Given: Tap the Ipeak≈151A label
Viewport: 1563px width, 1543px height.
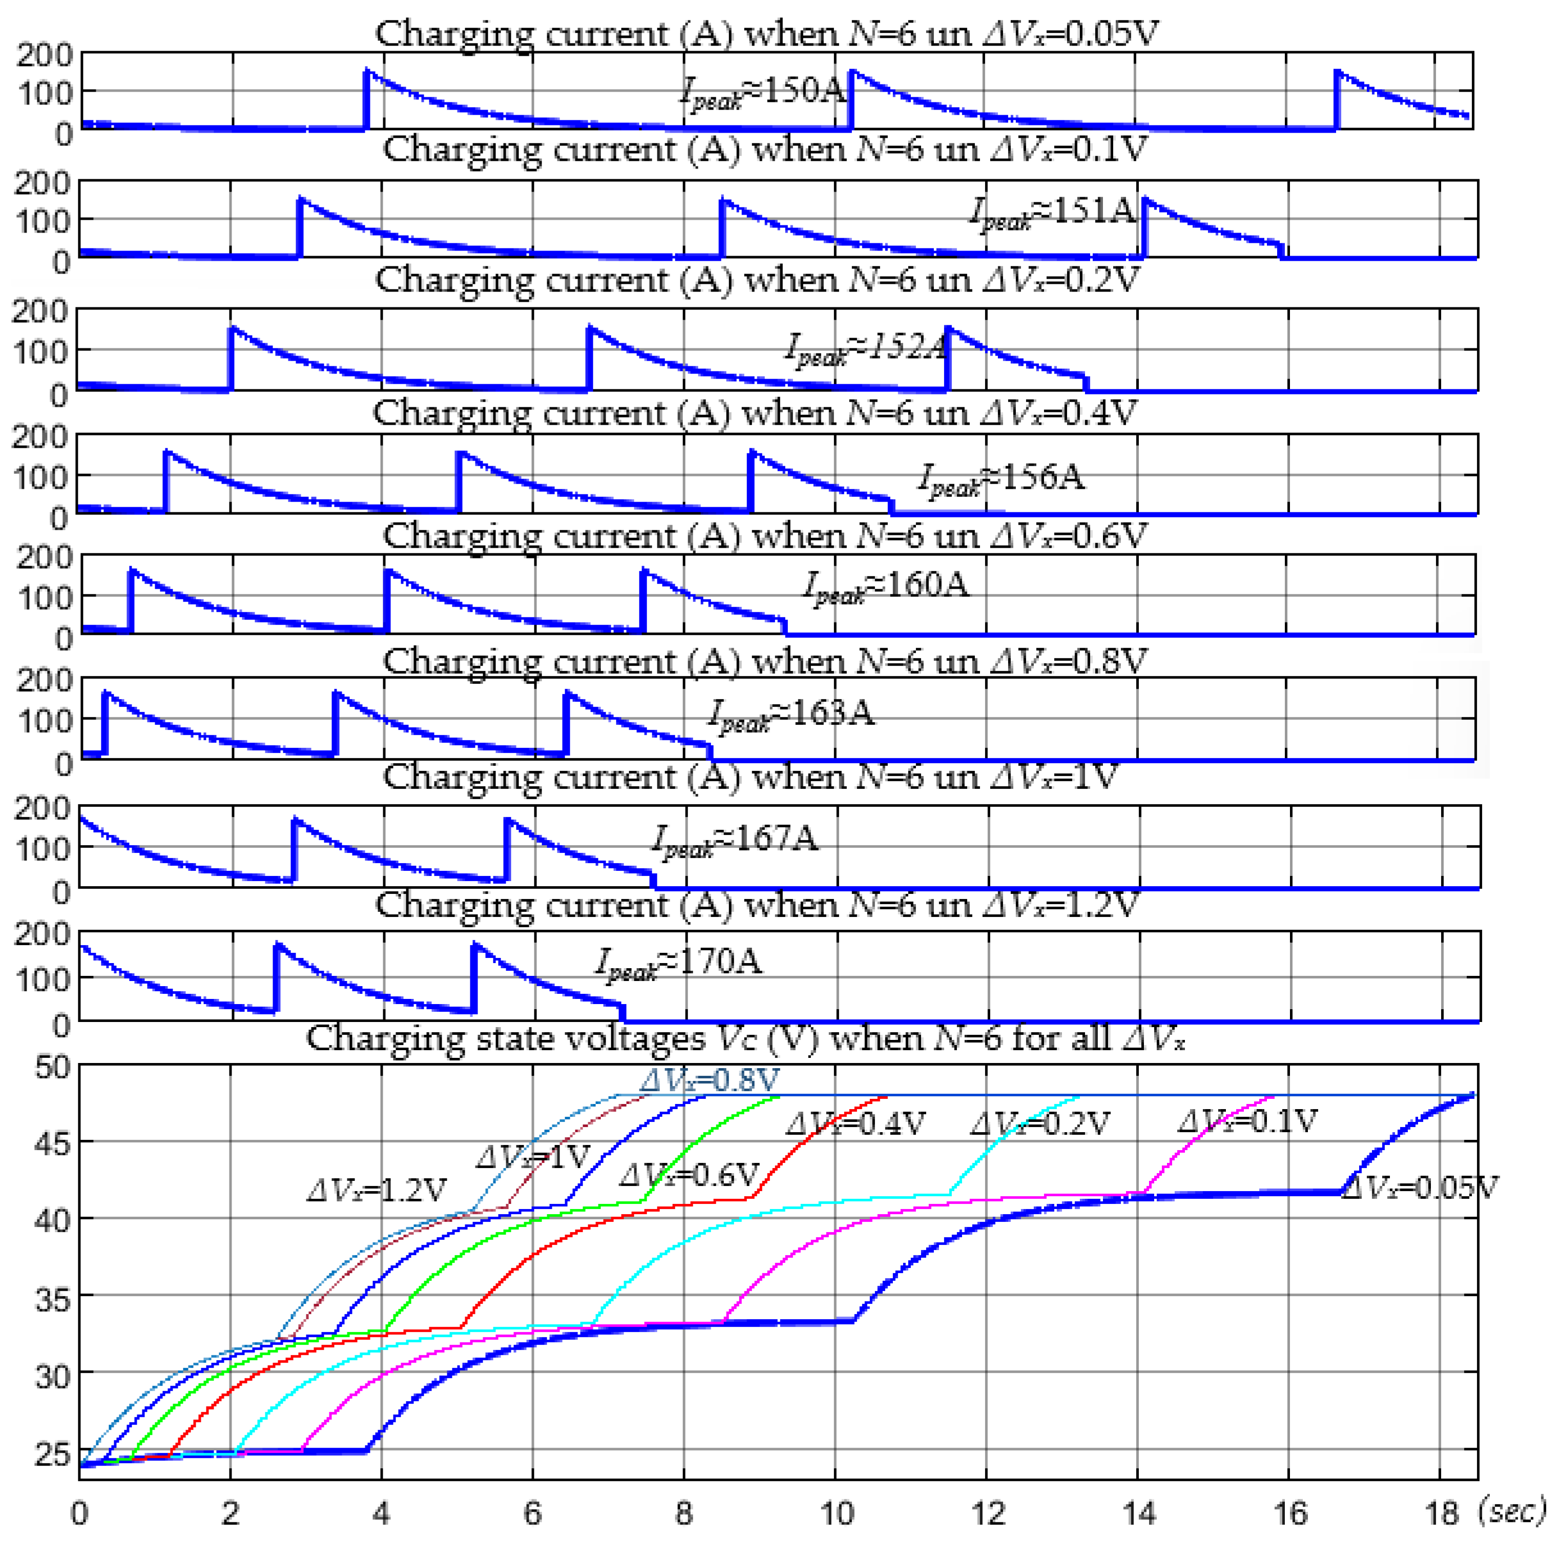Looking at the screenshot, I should (1052, 213).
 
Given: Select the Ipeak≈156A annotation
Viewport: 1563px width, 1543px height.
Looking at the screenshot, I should (1001, 479).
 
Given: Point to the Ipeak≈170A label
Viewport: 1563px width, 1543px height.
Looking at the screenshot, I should (678, 964).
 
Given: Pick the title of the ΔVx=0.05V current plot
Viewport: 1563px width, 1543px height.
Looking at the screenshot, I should (765, 34).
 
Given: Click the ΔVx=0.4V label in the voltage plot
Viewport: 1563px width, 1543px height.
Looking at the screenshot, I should (855, 1124).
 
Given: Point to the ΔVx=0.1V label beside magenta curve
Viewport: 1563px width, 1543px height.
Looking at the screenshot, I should (1247, 1121).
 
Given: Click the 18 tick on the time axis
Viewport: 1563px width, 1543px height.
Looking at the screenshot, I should (1440, 1514).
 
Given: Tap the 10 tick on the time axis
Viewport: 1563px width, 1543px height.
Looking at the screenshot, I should (837, 1514).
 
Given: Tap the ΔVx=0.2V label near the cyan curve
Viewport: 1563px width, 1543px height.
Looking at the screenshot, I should (1039, 1124).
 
